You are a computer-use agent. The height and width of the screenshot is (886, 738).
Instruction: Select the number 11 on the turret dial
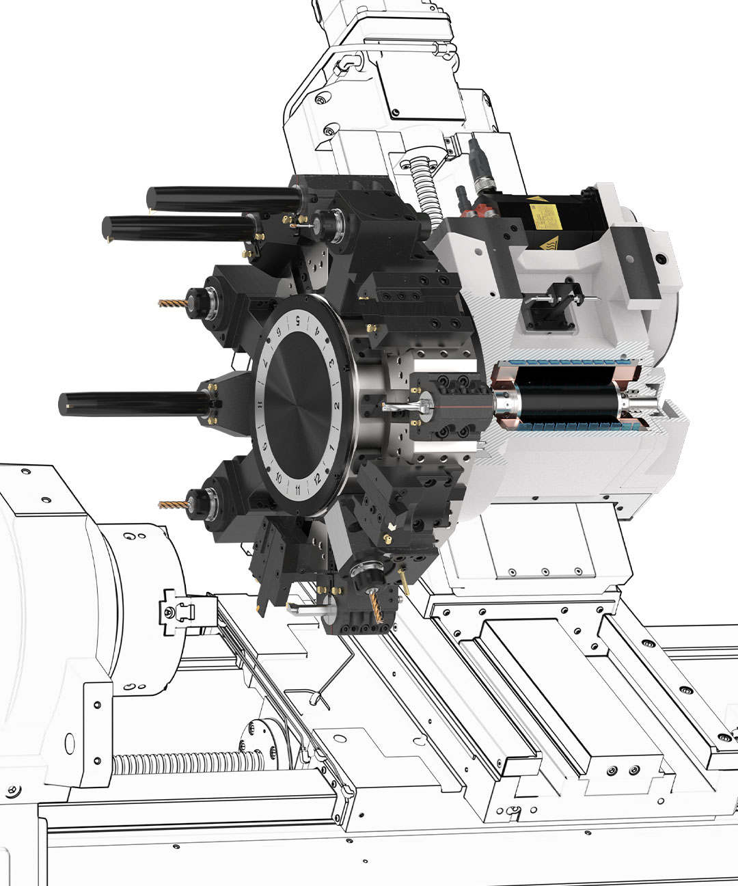click(298, 490)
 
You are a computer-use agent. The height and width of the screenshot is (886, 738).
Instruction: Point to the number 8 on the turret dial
click(260, 405)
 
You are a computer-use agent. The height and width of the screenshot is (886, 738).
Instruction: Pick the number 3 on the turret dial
click(331, 363)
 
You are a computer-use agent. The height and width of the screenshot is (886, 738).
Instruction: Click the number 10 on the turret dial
click(278, 478)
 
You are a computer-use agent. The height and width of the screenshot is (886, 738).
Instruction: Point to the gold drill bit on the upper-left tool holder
click(172, 302)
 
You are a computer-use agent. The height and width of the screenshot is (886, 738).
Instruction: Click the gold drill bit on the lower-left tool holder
click(172, 505)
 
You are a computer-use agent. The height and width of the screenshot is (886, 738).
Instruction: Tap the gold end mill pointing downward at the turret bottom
click(376, 607)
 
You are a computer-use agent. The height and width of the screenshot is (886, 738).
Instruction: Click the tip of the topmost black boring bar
click(151, 199)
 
